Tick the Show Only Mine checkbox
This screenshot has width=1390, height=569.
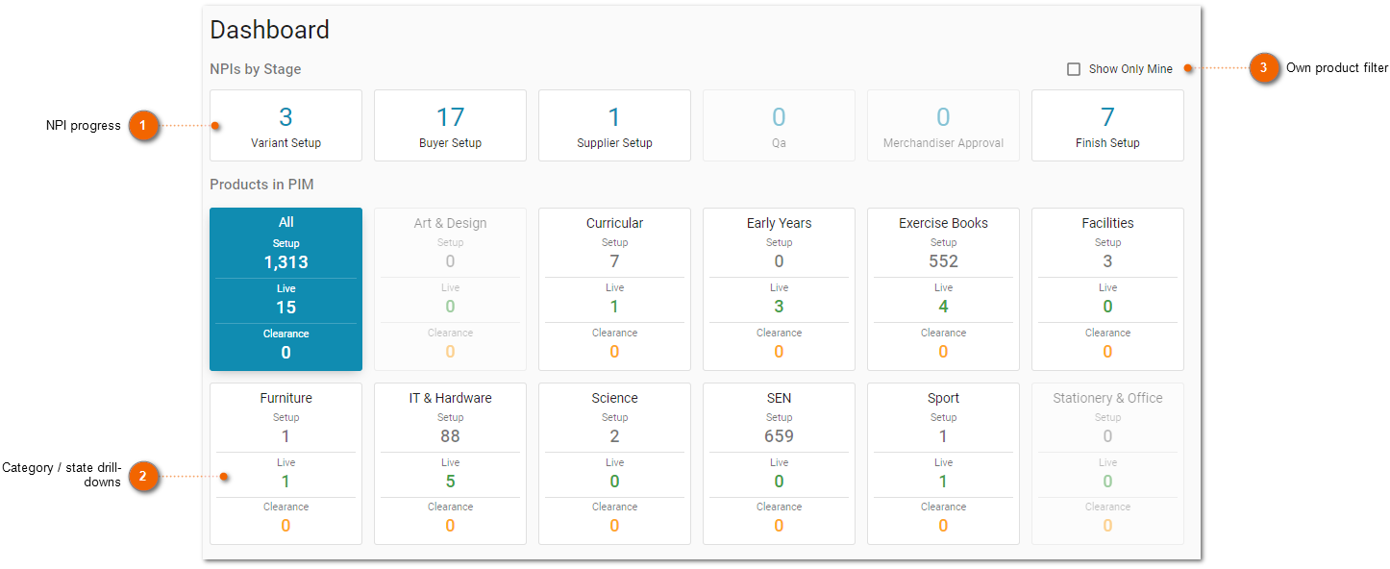point(1074,69)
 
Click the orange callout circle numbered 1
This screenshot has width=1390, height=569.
point(142,125)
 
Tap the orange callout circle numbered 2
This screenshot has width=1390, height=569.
point(142,476)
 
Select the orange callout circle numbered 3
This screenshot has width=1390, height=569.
point(1263,67)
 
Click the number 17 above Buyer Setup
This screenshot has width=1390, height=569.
point(450,116)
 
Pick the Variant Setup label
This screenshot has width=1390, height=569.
point(285,142)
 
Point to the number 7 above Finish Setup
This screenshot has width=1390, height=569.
point(1107,116)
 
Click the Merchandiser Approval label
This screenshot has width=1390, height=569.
point(943,142)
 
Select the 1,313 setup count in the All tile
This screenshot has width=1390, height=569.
point(286,261)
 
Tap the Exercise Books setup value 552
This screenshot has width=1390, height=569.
point(943,261)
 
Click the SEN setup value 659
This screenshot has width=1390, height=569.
point(779,436)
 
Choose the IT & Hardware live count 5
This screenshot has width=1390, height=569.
point(450,481)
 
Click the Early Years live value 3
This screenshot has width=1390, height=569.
point(779,306)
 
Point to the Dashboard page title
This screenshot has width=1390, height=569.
point(269,30)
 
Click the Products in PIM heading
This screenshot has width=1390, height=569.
point(261,185)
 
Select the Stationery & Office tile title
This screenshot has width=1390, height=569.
point(1107,398)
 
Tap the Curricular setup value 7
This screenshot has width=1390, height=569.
point(614,261)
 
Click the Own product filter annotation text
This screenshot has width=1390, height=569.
point(1336,67)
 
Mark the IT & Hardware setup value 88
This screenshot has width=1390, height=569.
point(450,436)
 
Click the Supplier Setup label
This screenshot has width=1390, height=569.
point(614,142)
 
